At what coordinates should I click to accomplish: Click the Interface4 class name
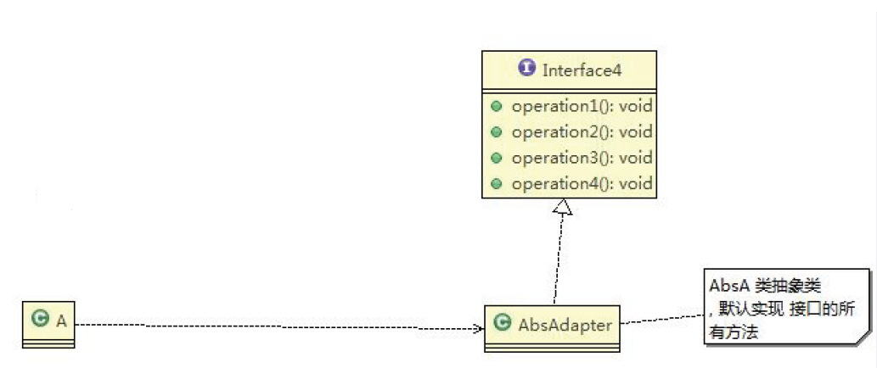[x=582, y=70]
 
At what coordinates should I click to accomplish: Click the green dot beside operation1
[x=497, y=108]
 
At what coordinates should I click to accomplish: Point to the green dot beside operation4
[x=497, y=183]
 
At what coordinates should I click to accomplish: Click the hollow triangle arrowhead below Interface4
[x=562, y=207]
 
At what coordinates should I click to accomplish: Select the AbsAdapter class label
[x=565, y=326]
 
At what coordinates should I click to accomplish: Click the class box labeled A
[x=49, y=325]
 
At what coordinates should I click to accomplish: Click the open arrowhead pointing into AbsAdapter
[x=479, y=326]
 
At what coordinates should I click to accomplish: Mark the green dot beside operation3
[x=497, y=158]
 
